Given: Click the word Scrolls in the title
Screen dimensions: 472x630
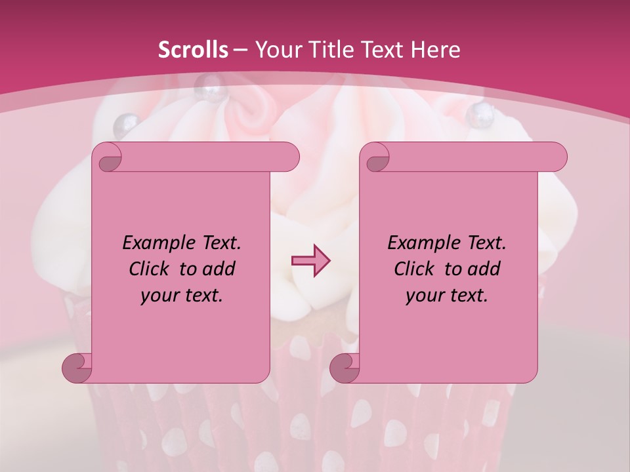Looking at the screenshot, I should (193, 50).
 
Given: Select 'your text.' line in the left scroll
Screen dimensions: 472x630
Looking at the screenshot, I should (182, 296).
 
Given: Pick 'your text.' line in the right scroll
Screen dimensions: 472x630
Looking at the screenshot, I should (447, 296).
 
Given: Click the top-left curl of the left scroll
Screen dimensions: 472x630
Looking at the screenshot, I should (108, 157).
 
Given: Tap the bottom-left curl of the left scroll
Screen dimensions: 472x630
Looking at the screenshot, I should (77, 368).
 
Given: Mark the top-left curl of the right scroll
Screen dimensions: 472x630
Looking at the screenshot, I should (375, 157).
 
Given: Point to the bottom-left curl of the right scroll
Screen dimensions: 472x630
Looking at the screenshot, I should (345, 368).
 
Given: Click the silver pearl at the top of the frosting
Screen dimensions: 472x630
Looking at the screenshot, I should (212, 84).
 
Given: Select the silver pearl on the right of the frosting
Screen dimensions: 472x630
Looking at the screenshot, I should (478, 114).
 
